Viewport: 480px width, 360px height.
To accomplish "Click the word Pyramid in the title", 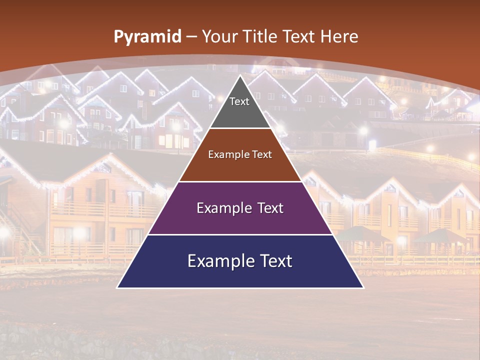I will coord(147,37).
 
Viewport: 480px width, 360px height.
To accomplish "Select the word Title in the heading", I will coord(259,37).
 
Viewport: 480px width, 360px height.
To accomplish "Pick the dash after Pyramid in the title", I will coord(191,37).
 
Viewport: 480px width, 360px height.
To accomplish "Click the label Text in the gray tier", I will coord(239,101).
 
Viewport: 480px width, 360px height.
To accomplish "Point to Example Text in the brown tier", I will coord(240,154).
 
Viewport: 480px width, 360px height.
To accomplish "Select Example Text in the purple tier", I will coord(240,208).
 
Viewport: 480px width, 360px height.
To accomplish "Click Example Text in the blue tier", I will coord(240,261).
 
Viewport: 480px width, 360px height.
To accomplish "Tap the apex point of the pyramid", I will coord(240,76).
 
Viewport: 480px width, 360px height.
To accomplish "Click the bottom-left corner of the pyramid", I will coord(118,287).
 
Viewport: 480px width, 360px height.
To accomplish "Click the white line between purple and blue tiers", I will coord(240,234).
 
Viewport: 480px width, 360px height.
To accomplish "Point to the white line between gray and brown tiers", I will coord(240,128).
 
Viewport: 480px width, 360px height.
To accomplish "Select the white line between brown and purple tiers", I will coord(240,181).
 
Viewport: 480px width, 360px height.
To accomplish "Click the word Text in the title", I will coord(299,37).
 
